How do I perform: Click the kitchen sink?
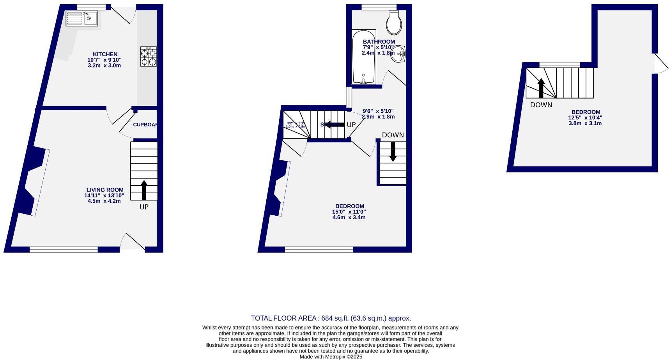(81, 18)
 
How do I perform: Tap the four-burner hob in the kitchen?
(149, 57)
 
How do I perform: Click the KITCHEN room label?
(105, 54)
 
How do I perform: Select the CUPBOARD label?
(145, 125)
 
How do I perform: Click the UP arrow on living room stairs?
(144, 190)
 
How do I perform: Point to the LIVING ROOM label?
(105, 190)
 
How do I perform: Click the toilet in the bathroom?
(394, 22)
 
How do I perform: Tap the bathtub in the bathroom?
(363, 57)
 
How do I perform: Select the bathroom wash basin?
(398, 54)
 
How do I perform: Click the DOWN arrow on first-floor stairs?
(393, 151)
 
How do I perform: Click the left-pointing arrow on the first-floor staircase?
(335, 124)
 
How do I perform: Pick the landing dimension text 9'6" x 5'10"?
(378, 111)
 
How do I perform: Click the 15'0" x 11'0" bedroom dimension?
(349, 212)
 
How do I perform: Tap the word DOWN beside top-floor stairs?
(541, 105)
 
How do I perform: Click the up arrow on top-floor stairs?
(541, 88)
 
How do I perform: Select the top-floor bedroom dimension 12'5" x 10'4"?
(585, 117)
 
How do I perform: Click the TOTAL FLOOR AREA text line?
(331, 318)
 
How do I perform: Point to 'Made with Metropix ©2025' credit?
(331, 356)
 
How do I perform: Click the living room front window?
(64, 250)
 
